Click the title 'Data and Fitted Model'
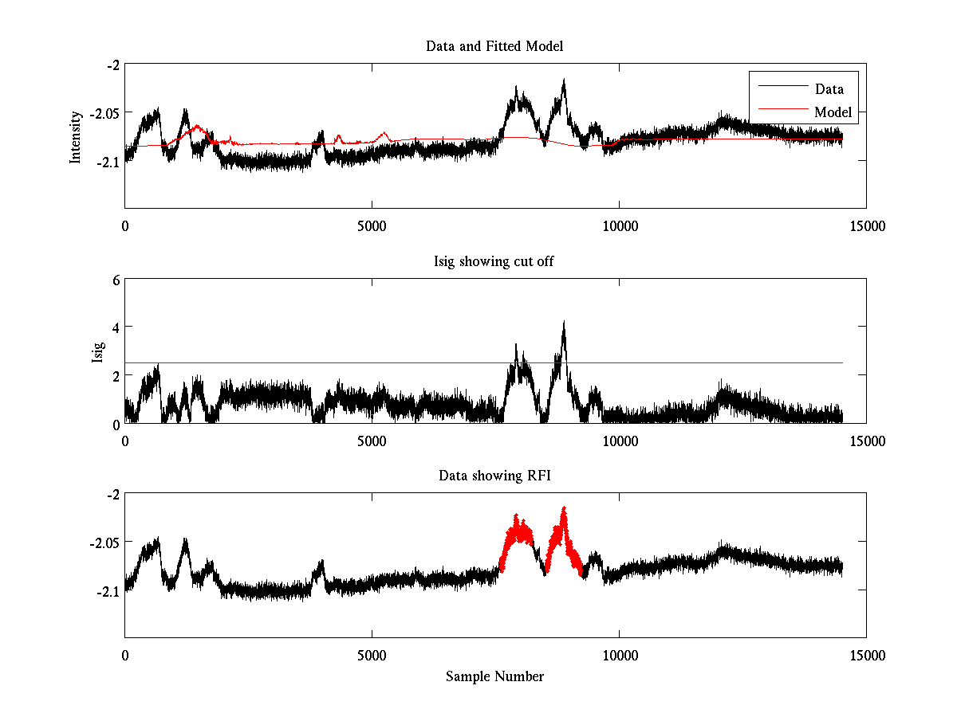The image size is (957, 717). (494, 46)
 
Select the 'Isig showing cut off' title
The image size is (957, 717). (494, 261)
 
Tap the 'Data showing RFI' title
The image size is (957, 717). (494, 476)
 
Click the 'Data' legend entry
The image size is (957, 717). (829, 89)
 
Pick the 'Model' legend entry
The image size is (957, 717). (833, 112)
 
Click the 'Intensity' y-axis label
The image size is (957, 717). (76, 136)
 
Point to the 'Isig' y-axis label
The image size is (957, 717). (97, 351)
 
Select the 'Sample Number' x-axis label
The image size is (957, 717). (494, 677)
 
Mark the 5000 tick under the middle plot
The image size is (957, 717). (372, 441)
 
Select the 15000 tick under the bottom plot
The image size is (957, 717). (866, 656)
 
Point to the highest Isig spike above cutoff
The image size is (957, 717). (564, 323)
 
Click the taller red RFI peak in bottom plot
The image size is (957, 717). (564, 508)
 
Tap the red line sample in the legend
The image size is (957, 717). (782, 112)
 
